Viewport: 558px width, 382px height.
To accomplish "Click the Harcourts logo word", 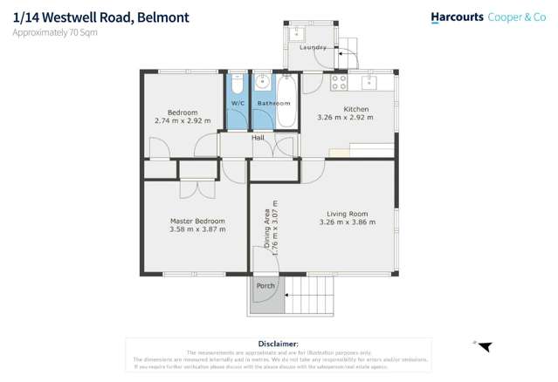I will coord(457,17).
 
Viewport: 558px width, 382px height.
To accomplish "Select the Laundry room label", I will coord(312,48).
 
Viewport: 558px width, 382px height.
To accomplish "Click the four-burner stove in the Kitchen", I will coord(339,83).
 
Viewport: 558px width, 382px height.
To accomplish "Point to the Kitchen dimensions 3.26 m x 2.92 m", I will coord(346,117).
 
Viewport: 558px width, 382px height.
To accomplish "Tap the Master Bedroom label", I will coord(197,221).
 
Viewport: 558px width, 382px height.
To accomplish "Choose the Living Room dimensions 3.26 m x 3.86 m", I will coord(347,222).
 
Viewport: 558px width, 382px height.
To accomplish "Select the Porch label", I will coord(265,285).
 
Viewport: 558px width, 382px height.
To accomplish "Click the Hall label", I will coord(258,138).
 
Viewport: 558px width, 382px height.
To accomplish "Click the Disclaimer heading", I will coord(279,344).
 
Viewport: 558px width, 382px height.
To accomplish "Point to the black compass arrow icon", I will coord(485,346).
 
